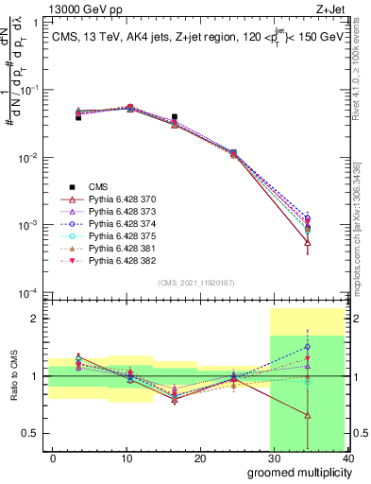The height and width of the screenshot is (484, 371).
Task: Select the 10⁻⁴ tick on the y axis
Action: [x=28, y=293]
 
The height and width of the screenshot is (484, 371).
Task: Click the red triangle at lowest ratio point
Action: [x=308, y=414]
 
